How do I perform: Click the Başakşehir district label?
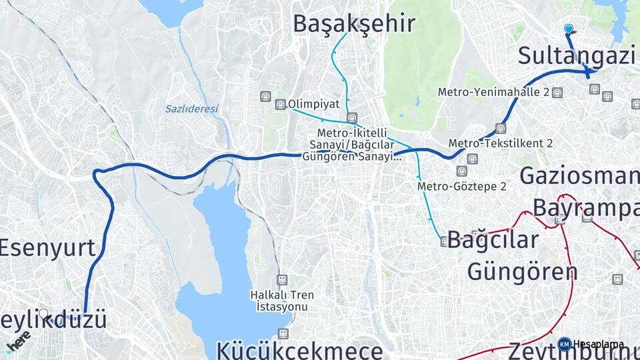(354, 24)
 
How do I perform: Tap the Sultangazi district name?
(576, 57)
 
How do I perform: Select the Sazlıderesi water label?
(191, 109)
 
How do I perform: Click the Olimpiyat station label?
(314, 105)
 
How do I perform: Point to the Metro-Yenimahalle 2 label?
(493, 92)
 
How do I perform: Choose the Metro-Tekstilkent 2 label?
(501, 143)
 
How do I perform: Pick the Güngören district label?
(522, 271)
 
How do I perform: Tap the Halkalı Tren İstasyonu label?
(282, 301)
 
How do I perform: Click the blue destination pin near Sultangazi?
(568, 29)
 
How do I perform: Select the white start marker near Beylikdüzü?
(43, 313)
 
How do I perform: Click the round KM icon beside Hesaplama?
(565, 344)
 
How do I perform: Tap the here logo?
(17, 340)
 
